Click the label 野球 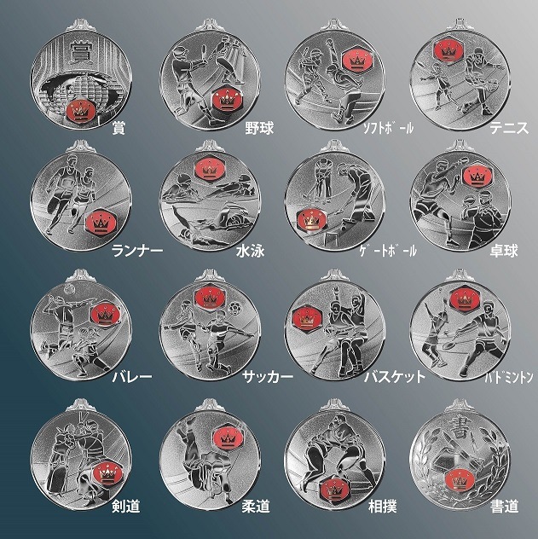point(259,128)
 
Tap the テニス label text point(509,128)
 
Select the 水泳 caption point(250,251)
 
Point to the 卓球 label point(504,251)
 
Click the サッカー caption point(268,377)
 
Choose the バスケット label point(395,377)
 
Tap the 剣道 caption point(125,506)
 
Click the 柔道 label point(256,506)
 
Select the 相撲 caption point(383,506)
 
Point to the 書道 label point(505,506)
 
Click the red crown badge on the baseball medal point(225,100)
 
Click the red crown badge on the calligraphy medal point(460,480)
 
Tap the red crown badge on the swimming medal point(209,168)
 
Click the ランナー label point(137,251)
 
